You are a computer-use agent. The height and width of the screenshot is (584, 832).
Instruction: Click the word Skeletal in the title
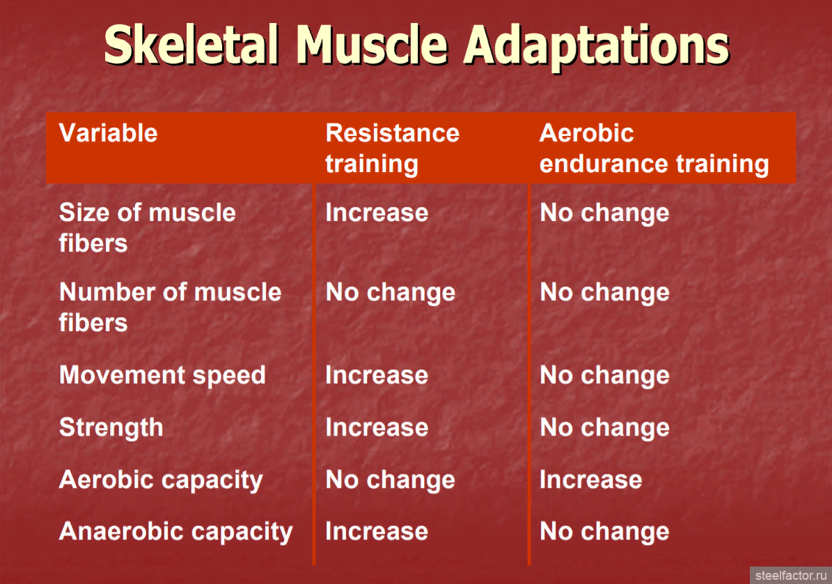tap(191, 45)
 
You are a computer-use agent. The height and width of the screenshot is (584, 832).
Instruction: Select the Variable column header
tap(108, 132)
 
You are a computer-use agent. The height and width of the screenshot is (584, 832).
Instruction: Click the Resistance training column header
tap(392, 148)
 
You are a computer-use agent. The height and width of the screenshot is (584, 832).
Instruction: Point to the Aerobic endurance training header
tap(654, 148)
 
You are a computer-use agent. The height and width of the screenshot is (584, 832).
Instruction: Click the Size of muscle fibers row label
tap(147, 228)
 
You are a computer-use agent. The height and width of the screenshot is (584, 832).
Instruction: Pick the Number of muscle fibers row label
tap(170, 307)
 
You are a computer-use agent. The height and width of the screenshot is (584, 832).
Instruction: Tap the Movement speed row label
tap(162, 376)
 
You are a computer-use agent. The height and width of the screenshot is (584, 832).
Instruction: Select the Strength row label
tap(111, 428)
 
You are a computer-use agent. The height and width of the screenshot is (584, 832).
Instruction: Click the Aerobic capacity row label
tap(161, 480)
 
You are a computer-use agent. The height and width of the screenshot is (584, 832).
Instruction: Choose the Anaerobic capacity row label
tap(175, 532)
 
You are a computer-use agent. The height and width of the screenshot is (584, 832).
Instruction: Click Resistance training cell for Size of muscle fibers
tap(377, 213)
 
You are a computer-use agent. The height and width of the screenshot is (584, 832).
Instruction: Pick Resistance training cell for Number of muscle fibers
tap(391, 293)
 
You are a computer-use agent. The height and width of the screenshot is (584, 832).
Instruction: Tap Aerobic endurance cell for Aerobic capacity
tap(590, 480)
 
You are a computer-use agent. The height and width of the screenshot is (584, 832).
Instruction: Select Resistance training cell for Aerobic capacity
tap(391, 481)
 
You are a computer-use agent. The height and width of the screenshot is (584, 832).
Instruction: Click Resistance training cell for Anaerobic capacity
tap(377, 532)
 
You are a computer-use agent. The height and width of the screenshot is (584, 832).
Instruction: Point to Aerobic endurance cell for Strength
tap(604, 429)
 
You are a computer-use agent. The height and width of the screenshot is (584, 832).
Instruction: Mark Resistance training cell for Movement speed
tap(377, 376)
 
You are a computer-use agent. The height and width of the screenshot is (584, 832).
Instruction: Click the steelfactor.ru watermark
tap(791, 576)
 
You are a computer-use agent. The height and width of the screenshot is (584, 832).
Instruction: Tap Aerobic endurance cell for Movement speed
tap(604, 376)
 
